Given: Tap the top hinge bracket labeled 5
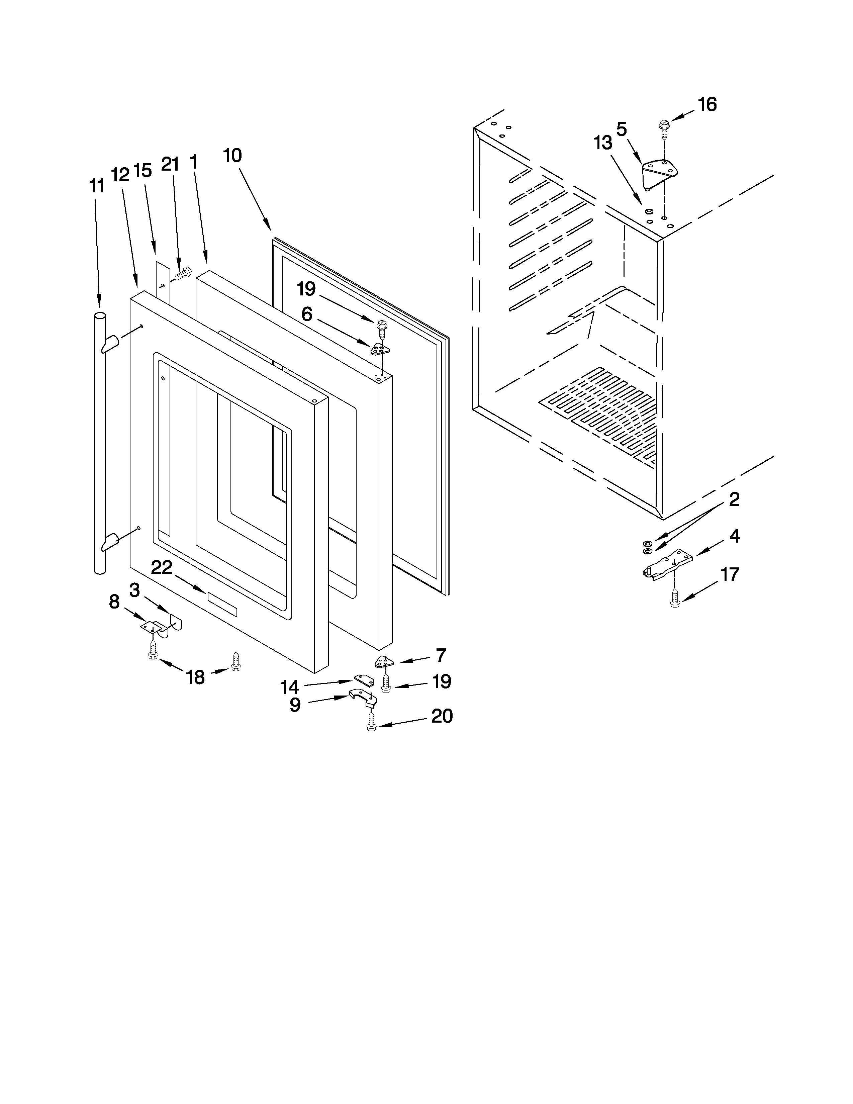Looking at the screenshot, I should (x=659, y=172).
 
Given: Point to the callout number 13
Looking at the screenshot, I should (x=603, y=143).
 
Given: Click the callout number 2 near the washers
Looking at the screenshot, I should (x=734, y=499).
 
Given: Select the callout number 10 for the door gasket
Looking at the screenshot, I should (x=232, y=155).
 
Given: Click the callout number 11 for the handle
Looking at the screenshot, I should (x=97, y=186).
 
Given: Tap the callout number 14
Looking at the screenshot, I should (x=290, y=686).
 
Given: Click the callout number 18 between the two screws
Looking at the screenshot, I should (x=196, y=676).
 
